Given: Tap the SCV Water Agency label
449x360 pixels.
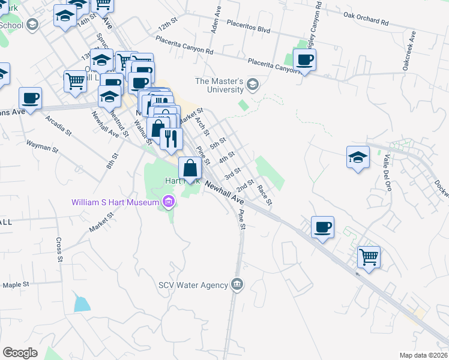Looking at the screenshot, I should (x=194, y=284).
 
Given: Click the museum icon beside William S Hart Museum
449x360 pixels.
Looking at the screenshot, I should (x=168, y=202).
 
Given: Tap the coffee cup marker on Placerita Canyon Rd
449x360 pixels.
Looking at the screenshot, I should (x=305, y=60).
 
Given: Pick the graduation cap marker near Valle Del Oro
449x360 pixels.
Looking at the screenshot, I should (x=358, y=157).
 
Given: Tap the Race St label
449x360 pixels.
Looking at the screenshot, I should (x=265, y=194).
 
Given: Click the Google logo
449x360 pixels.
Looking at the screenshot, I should (x=20, y=352).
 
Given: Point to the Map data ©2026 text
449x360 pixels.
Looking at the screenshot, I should (x=423, y=355).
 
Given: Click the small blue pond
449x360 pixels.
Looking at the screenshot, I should (x=82, y=304).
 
